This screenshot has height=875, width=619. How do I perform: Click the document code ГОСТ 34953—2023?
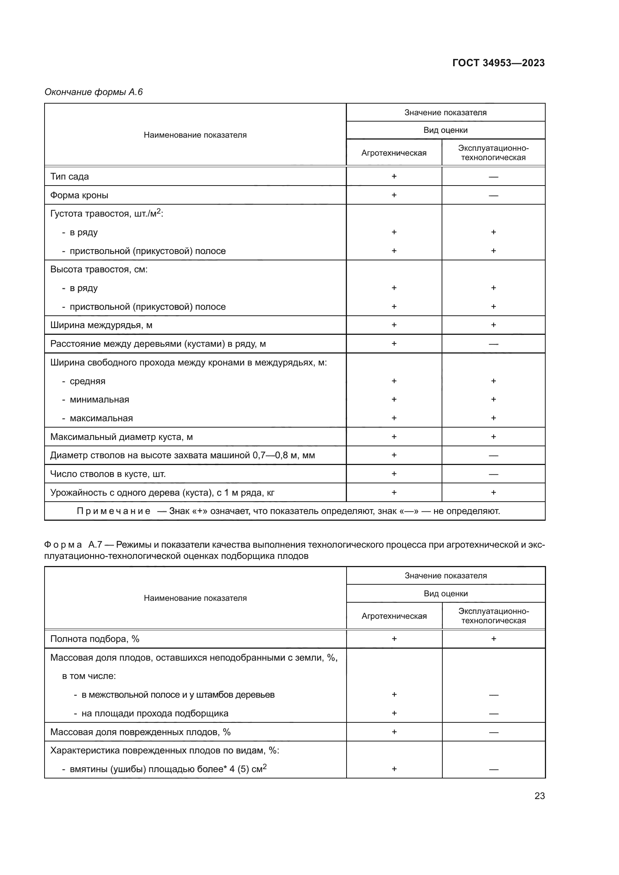(498, 63)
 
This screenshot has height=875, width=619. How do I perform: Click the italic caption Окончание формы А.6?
(94, 92)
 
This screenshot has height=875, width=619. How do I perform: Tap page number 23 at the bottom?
(539, 796)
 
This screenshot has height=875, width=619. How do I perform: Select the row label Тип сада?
(69, 177)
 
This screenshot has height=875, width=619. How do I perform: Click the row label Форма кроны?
(79, 195)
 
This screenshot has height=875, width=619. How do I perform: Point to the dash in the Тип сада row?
(493, 177)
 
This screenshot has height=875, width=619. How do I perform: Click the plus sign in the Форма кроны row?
(394, 195)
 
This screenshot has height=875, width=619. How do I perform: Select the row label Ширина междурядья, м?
(101, 325)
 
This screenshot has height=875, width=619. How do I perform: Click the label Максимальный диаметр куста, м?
(121, 437)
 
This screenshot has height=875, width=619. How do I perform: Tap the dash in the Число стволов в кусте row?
(493, 474)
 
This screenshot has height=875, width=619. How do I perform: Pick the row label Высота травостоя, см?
(99, 269)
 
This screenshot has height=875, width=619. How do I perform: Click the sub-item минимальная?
(99, 400)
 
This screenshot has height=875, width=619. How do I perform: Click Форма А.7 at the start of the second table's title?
(73, 545)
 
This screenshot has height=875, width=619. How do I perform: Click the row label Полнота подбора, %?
(95, 639)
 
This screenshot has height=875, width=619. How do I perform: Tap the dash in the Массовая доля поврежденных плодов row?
(493, 732)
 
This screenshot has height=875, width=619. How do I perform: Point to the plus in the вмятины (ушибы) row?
(394, 769)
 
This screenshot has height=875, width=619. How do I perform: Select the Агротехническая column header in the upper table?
(394, 153)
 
